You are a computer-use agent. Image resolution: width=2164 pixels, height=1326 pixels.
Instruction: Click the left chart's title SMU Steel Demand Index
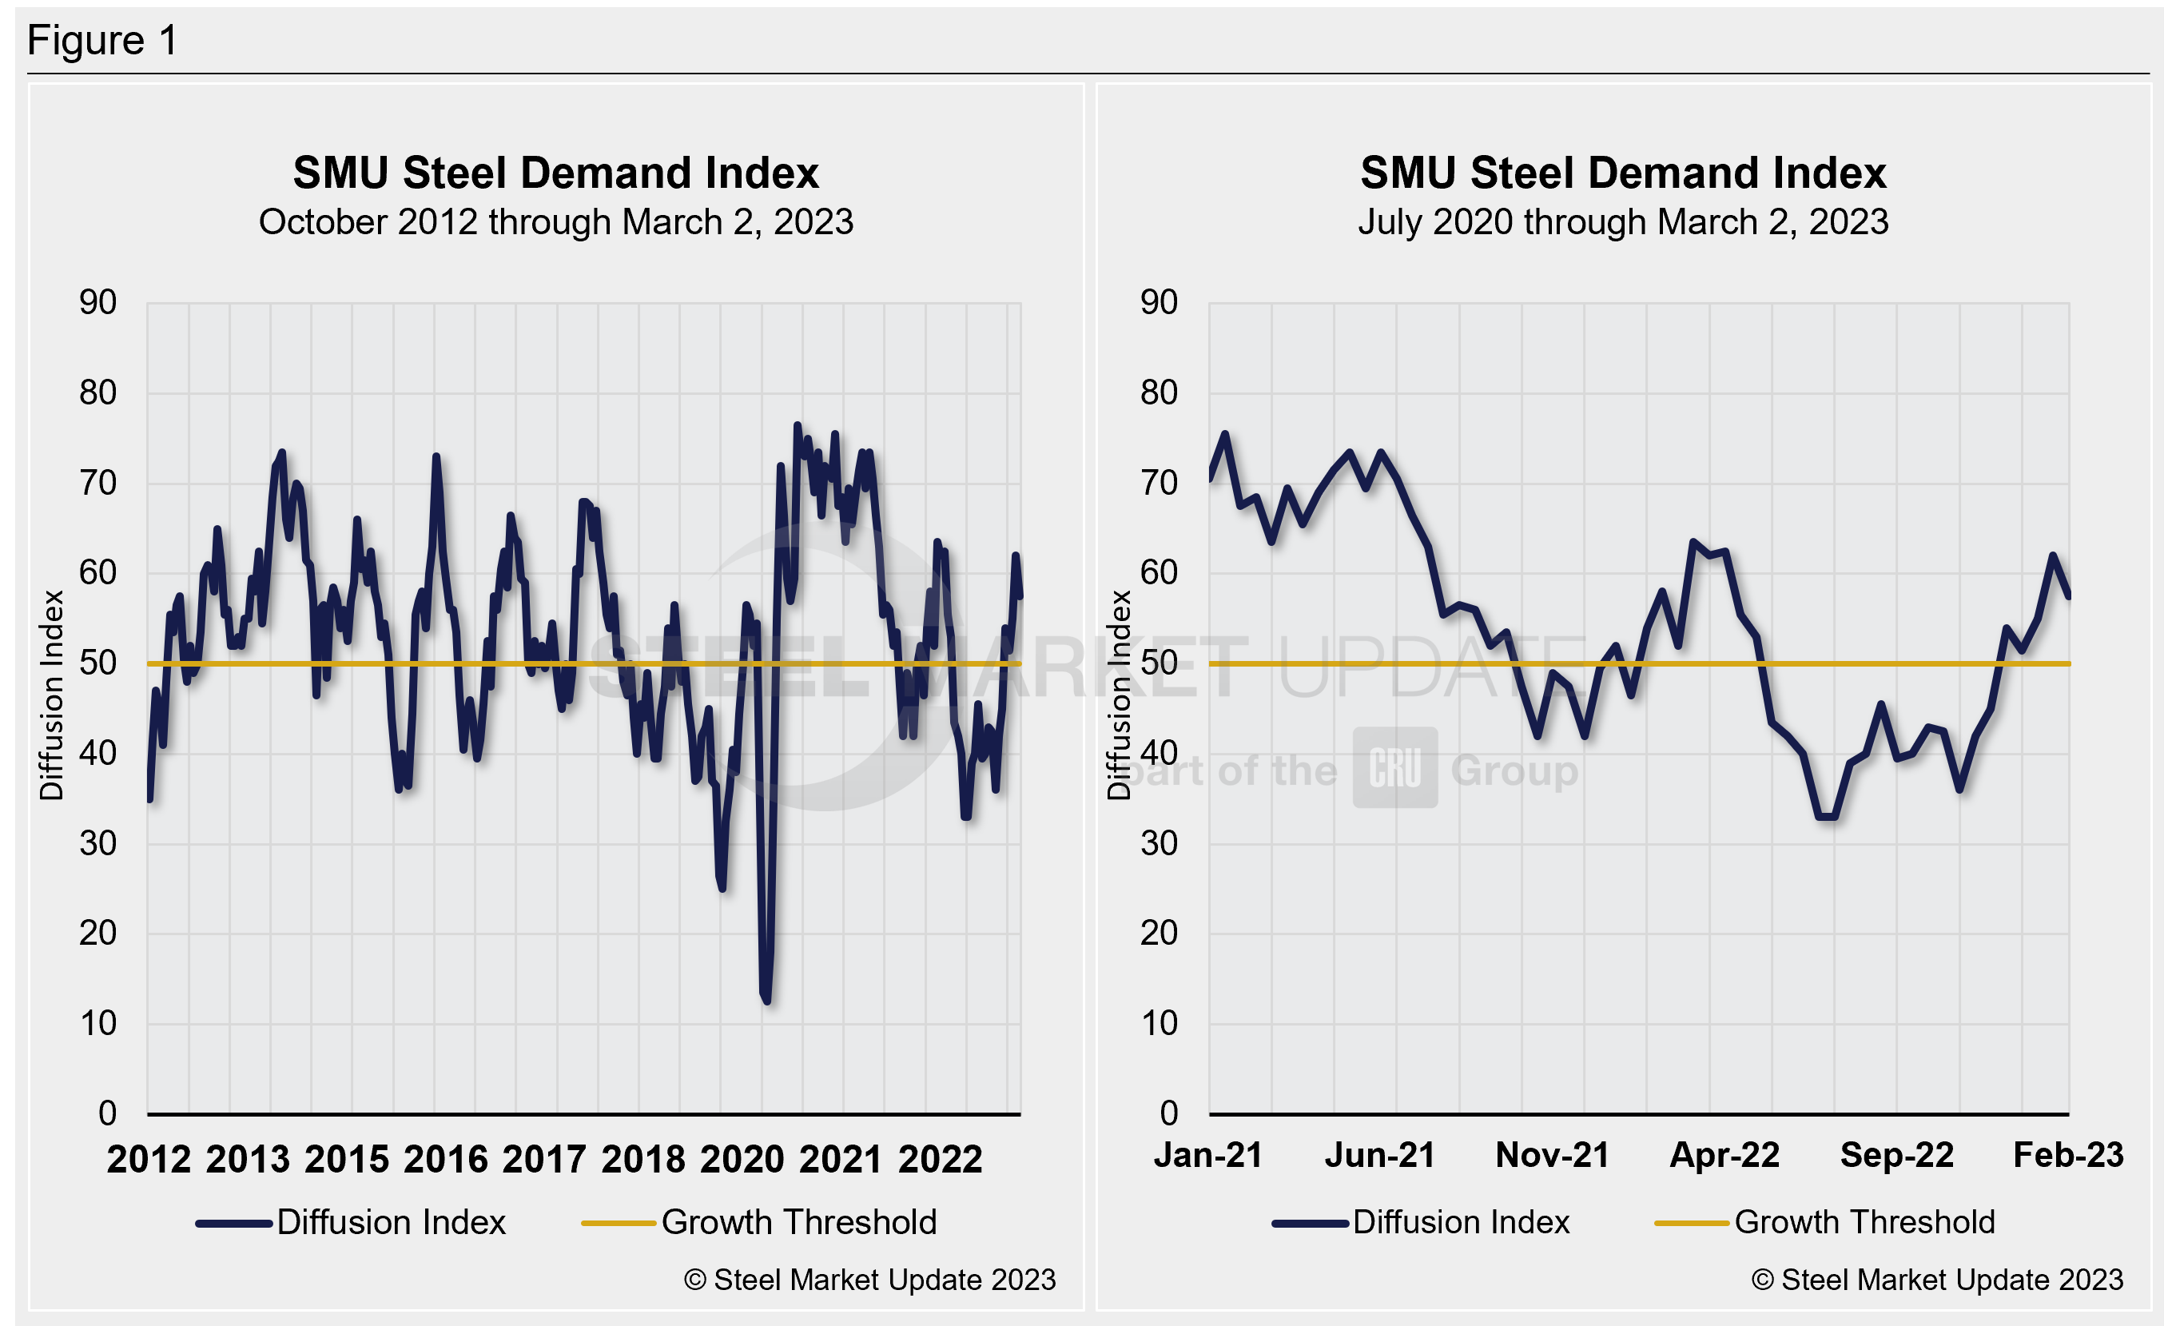point(555,173)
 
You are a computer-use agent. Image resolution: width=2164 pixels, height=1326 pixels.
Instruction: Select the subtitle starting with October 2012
point(555,222)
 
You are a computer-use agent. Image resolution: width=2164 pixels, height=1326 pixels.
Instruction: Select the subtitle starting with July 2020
point(1623,222)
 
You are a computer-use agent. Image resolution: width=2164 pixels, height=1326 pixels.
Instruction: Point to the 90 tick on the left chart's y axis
point(97,303)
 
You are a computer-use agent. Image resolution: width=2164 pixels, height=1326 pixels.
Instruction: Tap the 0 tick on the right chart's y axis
point(1168,1113)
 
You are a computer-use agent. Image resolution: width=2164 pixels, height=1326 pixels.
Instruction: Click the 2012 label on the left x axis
point(149,1159)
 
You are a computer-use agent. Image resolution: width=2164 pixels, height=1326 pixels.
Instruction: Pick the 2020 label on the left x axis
point(742,1159)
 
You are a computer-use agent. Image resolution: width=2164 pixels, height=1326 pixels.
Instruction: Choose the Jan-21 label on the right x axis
point(1208,1156)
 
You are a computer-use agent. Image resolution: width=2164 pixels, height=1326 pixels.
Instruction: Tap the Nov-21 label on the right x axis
point(1553,1156)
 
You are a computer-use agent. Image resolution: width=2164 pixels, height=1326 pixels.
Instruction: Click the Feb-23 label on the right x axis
point(2068,1156)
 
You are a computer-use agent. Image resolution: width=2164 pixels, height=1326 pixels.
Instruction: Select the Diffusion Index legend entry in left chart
point(352,1222)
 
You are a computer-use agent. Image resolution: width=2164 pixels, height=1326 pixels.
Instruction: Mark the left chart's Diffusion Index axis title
point(52,695)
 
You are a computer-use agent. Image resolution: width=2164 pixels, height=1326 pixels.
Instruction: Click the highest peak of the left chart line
point(798,425)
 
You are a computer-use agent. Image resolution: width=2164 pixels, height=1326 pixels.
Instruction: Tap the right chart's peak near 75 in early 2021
point(1225,434)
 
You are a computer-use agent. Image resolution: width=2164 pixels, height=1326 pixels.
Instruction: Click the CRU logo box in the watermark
point(1394,767)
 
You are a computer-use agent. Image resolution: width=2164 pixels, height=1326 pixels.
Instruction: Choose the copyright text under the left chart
point(869,1280)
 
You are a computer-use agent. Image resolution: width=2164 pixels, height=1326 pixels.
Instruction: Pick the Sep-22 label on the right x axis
point(1897,1156)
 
